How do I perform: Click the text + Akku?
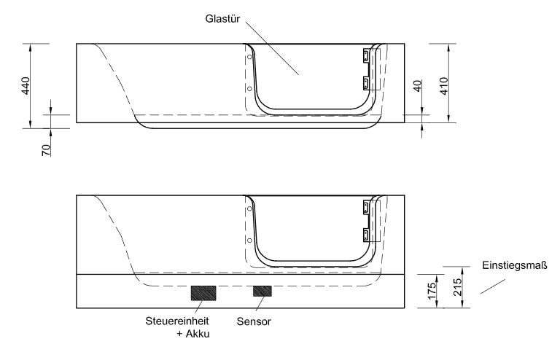point(191,334)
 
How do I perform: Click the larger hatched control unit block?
point(203,292)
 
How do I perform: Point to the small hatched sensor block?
point(262,291)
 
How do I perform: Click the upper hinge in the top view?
point(367,55)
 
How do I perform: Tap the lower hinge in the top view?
point(367,82)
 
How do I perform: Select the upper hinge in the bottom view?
point(367,208)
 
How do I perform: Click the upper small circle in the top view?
point(249,56)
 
